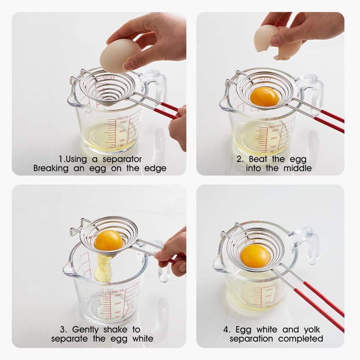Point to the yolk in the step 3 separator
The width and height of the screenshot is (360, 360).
(108, 240)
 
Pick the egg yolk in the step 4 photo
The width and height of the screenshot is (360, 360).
(256, 255)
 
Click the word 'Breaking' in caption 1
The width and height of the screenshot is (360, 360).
(51, 169)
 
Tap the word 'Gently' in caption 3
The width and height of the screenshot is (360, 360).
(88, 329)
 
